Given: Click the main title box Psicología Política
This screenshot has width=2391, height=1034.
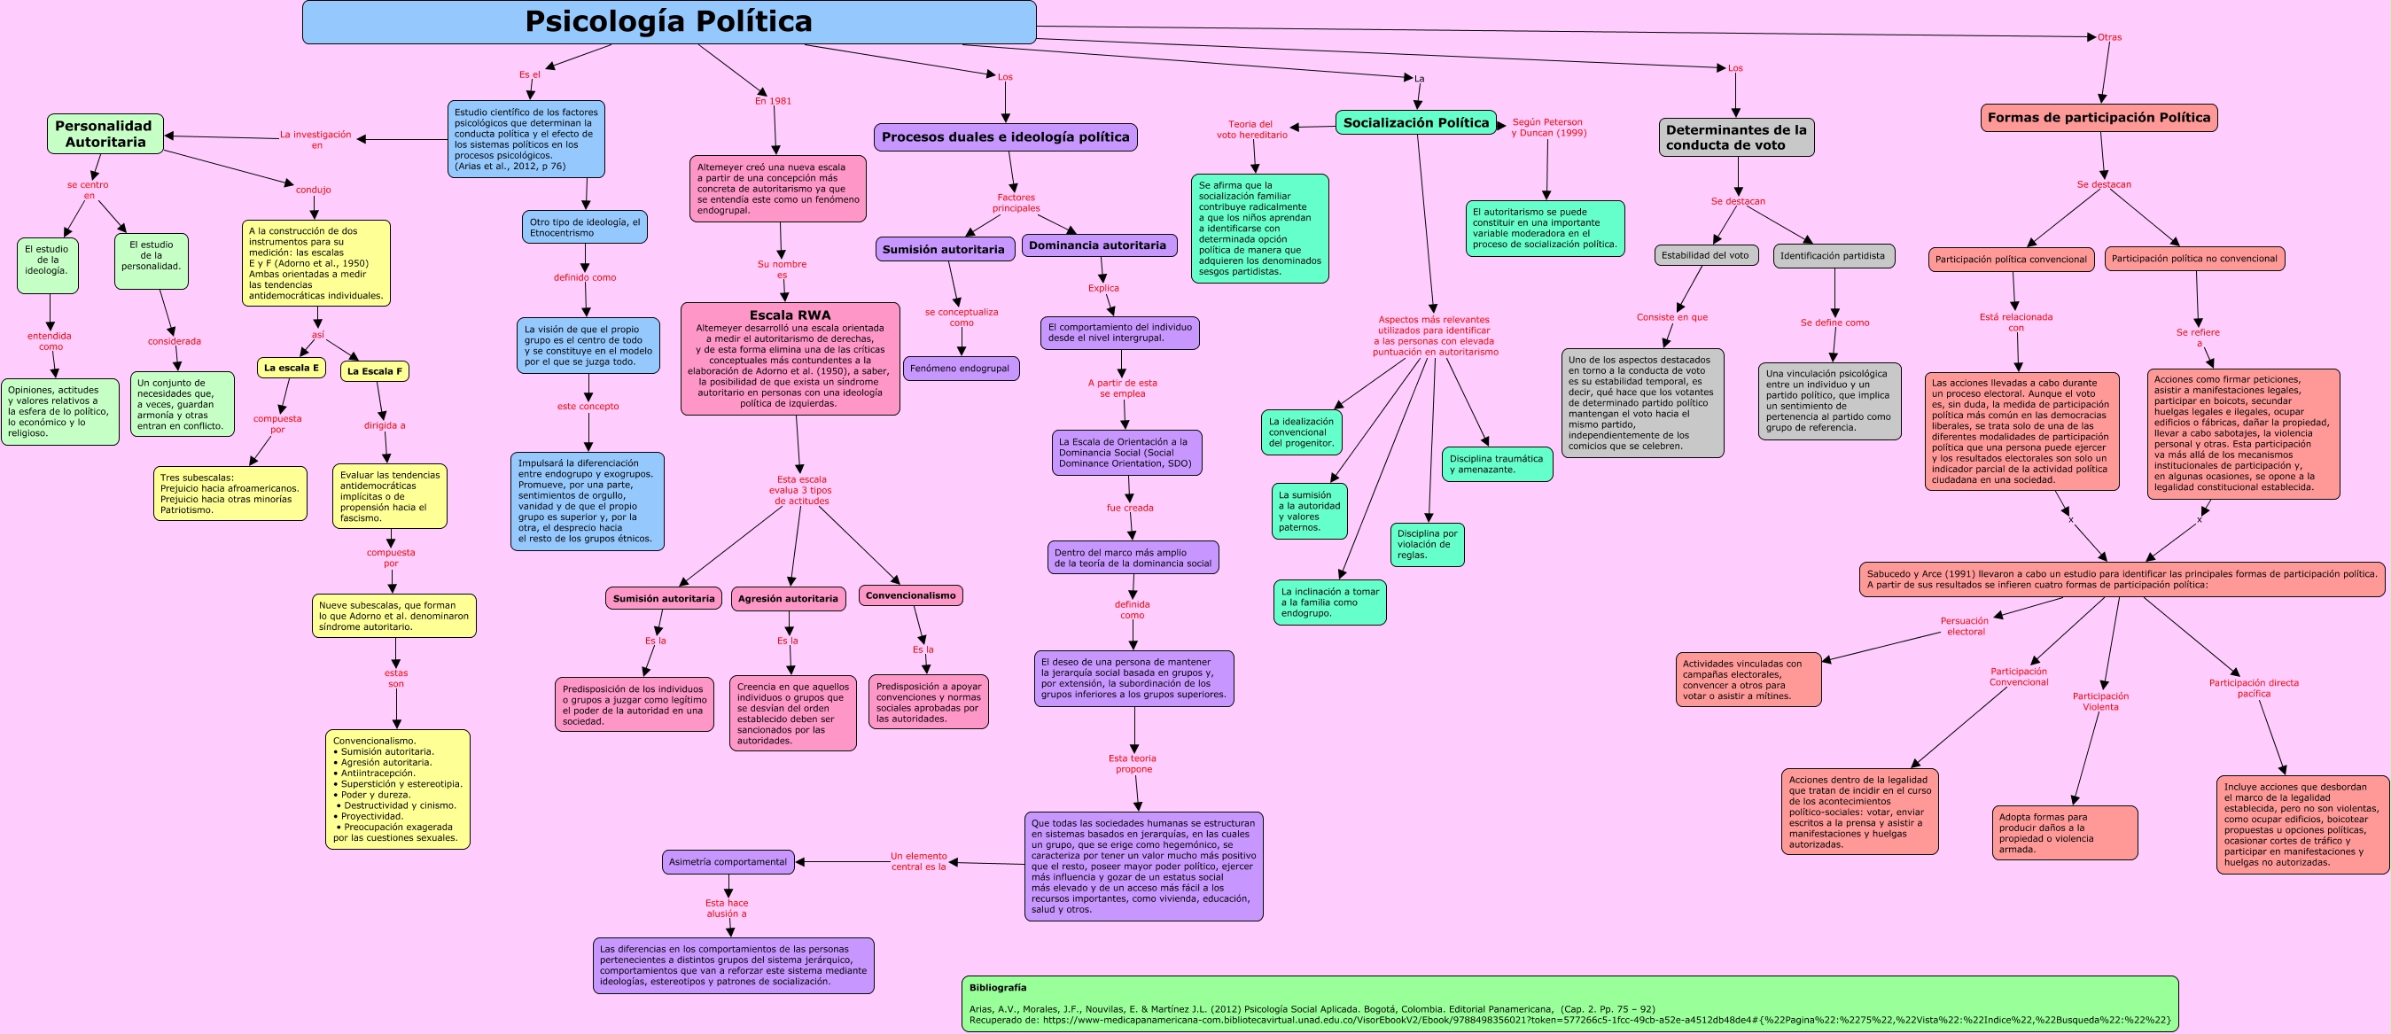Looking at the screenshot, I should [668, 21].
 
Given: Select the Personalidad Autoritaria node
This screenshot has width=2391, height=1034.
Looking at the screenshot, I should [105, 134].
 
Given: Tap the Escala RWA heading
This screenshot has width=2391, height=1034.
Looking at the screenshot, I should [790, 315].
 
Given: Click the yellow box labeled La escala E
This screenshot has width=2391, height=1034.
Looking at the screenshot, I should [291, 368].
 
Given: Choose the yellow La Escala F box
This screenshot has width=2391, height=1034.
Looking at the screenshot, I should [374, 371].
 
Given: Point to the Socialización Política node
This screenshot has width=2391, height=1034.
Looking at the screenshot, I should [1415, 122].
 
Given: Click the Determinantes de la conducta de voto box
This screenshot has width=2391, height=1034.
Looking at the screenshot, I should [1736, 137].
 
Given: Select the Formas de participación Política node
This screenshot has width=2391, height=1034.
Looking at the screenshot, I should [2099, 118].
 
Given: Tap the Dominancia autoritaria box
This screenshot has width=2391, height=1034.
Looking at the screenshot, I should [1097, 246].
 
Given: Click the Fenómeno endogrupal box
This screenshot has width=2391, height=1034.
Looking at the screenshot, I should [960, 369].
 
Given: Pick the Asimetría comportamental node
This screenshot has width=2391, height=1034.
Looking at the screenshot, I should [728, 861].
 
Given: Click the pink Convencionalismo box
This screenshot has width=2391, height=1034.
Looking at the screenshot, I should [910, 596].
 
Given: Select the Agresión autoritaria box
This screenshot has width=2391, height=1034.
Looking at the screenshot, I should [788, 599].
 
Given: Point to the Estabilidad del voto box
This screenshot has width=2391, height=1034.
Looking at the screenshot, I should [1705, 255].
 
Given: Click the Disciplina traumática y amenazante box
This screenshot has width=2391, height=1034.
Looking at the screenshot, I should [1496, 464].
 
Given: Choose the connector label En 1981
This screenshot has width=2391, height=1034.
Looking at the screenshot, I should [773, 101].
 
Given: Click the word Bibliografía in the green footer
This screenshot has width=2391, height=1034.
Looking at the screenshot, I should [998, 988].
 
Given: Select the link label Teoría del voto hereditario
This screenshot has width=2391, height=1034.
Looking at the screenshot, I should [1251, 129].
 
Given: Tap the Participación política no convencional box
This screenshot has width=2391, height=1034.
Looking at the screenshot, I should [2194, 259].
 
